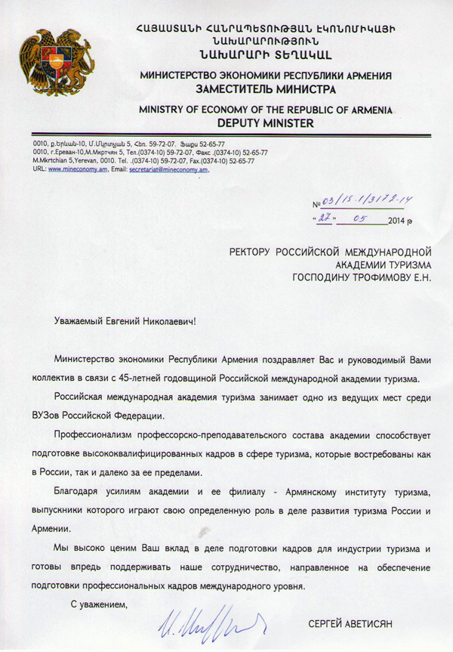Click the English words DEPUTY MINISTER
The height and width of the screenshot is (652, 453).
(265, 122)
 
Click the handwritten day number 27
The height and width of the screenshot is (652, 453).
(325, 219)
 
